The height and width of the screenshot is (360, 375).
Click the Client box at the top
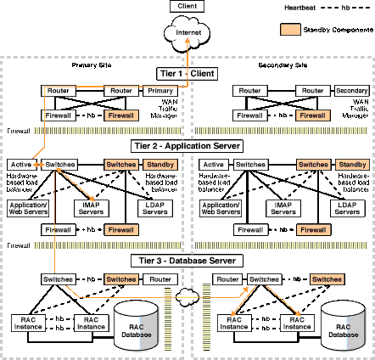[187, 7]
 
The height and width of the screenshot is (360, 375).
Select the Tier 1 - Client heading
[187, 75]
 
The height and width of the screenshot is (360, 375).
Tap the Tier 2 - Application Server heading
[187, 145]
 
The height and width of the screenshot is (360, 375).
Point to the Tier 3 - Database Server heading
[187, 260]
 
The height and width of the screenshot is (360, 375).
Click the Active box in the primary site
[20, 163]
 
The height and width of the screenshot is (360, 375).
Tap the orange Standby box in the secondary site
[350, 163]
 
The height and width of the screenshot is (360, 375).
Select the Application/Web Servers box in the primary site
[28, 207]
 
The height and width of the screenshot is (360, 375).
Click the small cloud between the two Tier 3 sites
[188, 300]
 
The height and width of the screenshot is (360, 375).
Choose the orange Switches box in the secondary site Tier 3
[327, 279]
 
